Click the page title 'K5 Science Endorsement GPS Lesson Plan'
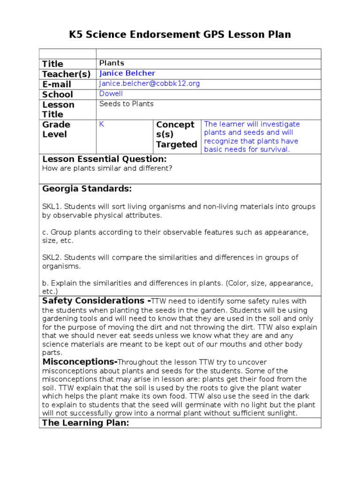(x=180, y=34)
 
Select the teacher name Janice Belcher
(x=127, y=74)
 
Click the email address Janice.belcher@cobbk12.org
(x=150, y=84)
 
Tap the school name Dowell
(x=111, y=94)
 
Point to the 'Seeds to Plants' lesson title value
(x=127, y=104)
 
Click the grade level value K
(x=102, y=124)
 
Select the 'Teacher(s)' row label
(x=66, y=74)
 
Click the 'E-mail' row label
(x=57, y=84)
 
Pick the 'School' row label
(x=58, y=94)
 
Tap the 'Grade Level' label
(x=56, y=129)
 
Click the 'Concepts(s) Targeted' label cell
(x=176, y=135)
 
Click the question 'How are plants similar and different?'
(x=107, y=168)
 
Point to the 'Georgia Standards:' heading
(x=87, y=189)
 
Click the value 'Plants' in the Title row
(x=112, y=63)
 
